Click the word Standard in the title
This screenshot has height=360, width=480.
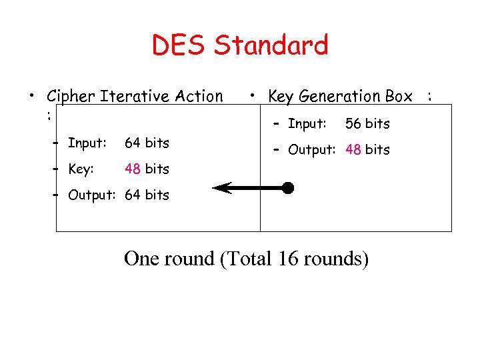coord(271,45)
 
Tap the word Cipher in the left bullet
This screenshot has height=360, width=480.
coord(71,97)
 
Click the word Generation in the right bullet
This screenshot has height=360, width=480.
coord(342,97)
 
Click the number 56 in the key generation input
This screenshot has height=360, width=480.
coord(353,124)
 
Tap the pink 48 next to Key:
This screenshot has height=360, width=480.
coord(133,169)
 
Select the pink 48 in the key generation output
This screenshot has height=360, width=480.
coord(353,150)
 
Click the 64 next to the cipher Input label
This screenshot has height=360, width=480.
coord(133,143)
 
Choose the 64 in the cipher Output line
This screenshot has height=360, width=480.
coord(133,195)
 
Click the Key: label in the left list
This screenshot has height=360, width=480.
coord(81,169)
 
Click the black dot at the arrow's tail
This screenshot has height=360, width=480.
coord(287,188)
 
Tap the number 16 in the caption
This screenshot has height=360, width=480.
coord(288,259)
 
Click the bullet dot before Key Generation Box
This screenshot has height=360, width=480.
coord(253,96)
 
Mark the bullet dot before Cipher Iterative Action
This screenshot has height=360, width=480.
coord(31,96)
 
